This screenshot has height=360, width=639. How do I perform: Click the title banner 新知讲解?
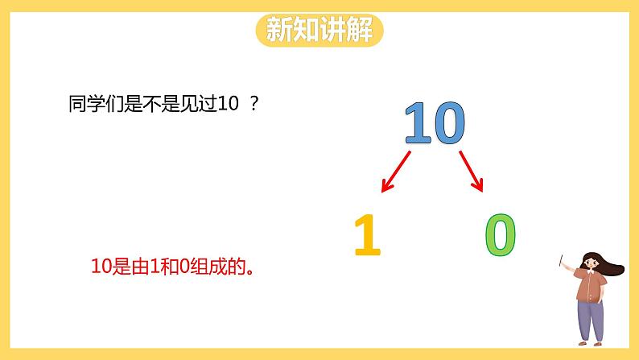click(319, 31)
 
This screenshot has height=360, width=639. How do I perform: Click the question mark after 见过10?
click(255, 105)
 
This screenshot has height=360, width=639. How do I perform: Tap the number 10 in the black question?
click(229, 105)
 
